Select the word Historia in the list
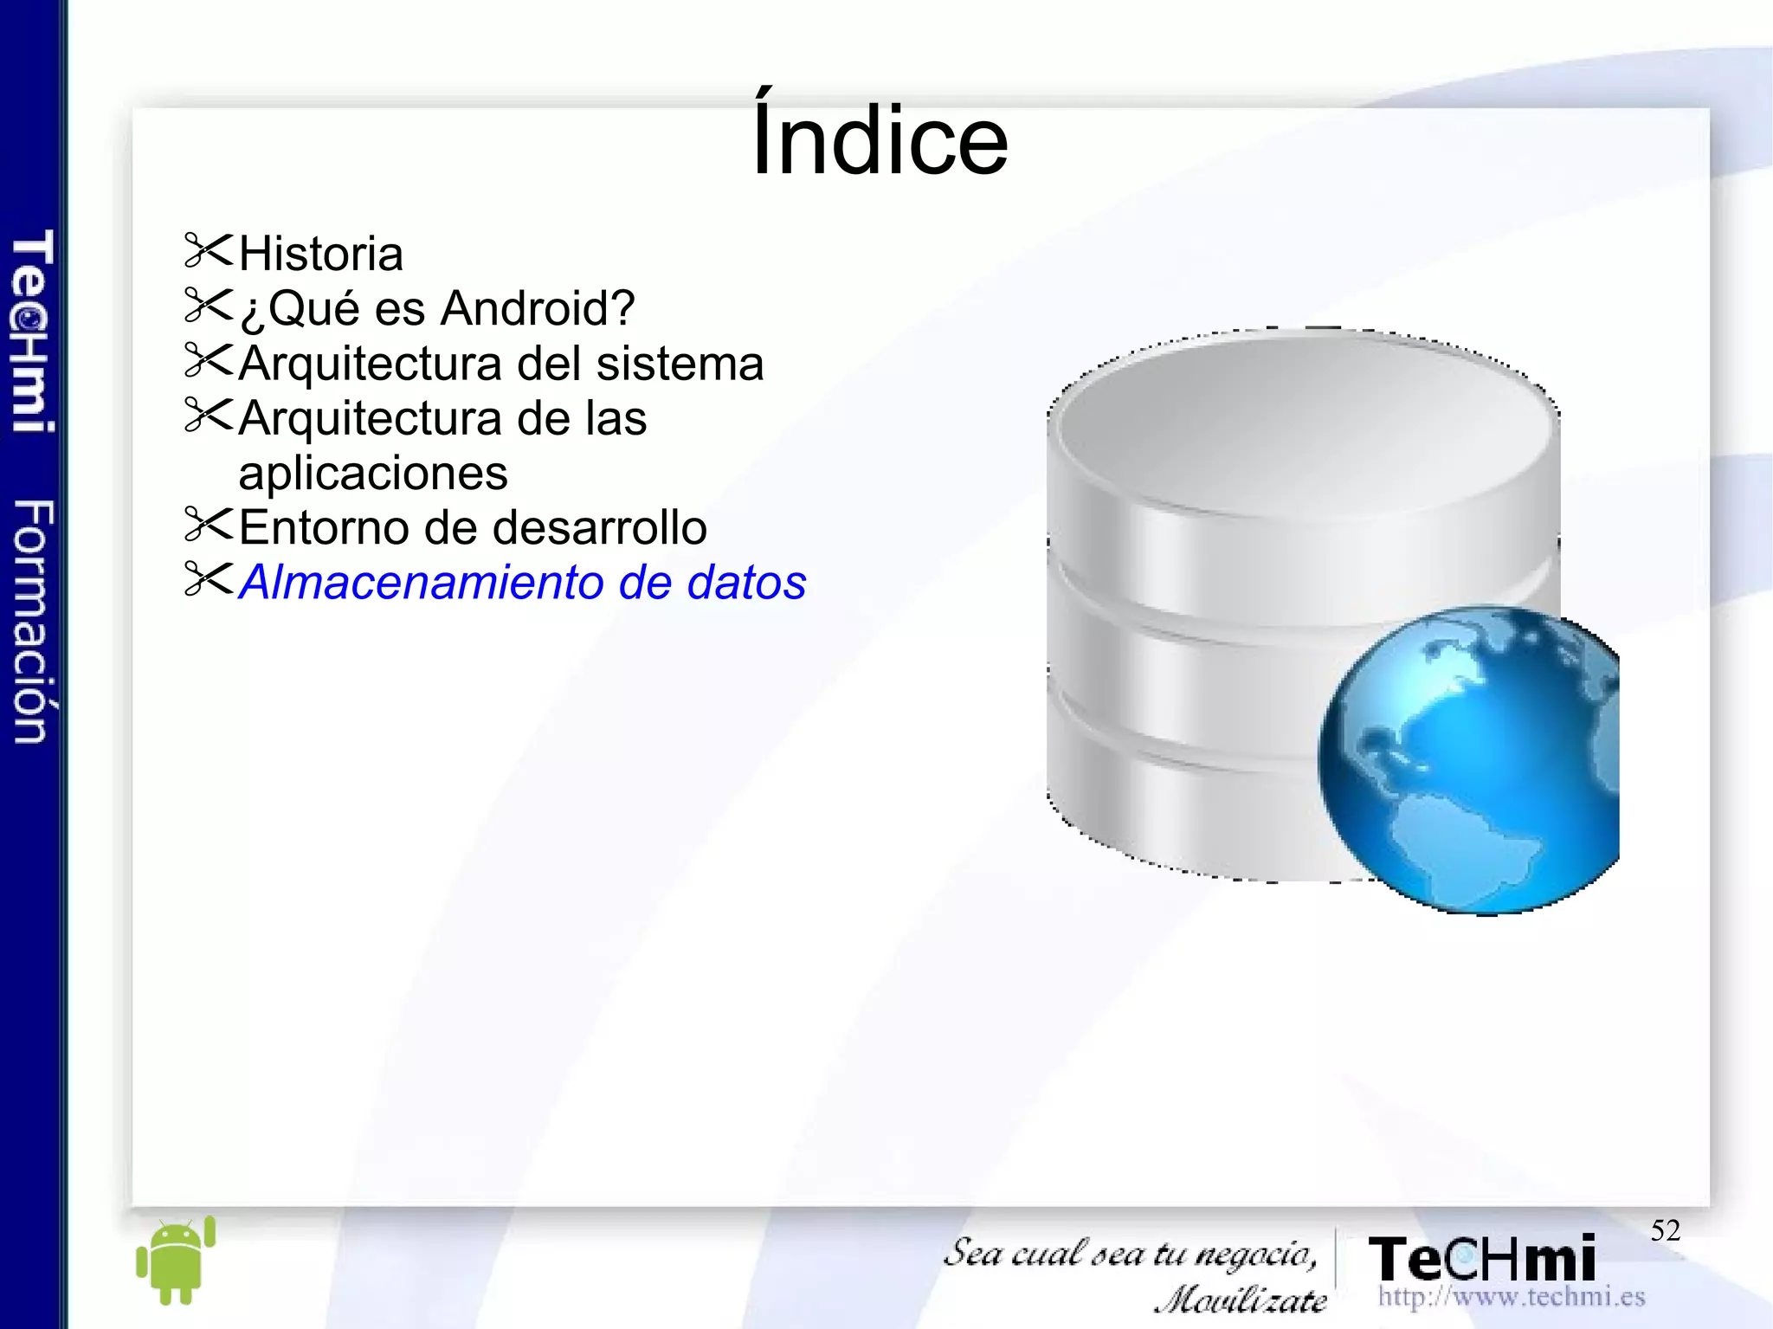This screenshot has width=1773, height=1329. [320, 254]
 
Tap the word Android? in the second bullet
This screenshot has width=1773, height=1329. [538, 308]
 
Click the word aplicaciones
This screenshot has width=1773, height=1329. [372, 474]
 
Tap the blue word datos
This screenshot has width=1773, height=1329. [746, 583]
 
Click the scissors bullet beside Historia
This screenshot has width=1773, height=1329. [209, 251]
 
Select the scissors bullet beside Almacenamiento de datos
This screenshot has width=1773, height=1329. [209, 580]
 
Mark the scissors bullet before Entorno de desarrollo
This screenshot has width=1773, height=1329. [209, 525]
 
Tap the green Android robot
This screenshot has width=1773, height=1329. [175, 1260]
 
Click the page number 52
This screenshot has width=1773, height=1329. [1665, 1230]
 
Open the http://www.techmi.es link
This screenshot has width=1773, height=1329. [1511, 1297]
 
